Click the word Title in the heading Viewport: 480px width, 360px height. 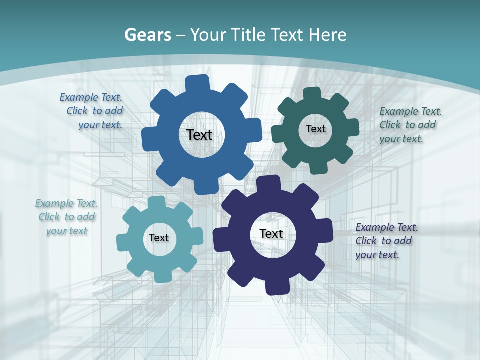click(249, 35)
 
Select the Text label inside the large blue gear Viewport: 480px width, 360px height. click(199, 135)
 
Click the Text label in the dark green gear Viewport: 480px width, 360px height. click(316, 129)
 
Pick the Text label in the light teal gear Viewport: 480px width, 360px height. click(159, 238)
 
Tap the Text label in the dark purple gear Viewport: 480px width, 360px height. click(271, 233)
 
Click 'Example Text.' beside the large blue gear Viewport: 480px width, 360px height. click(91, 97)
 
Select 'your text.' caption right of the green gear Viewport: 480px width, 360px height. click(401, 139)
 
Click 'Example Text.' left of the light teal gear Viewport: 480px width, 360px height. click(66, 203)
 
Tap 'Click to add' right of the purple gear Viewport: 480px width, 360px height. click(384, 241)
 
